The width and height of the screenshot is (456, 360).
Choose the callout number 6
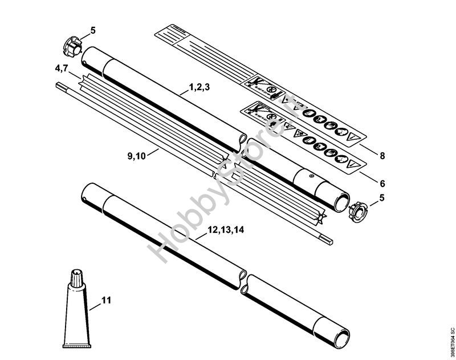382,184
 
